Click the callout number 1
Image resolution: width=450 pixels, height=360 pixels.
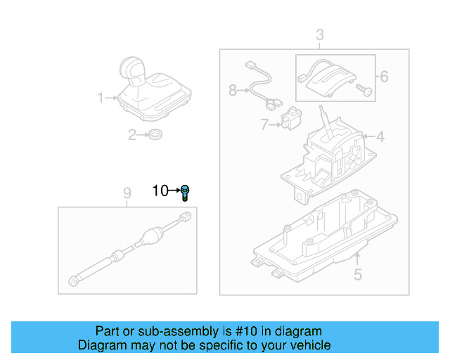click(100, 97)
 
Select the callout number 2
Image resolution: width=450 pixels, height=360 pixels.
click(131, 135)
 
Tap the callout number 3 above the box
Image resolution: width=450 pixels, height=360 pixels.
click(319, 34)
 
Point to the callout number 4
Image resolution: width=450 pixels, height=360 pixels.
click(380, 136)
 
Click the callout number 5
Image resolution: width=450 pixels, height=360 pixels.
click(357, 275)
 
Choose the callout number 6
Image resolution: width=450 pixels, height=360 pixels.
click(384, 76)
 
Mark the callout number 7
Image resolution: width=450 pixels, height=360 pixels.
click(264, 124)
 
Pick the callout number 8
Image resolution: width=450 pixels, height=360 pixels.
click(233, 90)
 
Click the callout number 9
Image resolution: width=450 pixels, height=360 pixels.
click(127, 193)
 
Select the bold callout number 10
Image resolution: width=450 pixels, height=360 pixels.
click(160, 191)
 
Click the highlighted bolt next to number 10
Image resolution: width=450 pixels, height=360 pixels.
click(185, 191)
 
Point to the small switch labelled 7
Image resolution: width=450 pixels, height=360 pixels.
click(289, 120)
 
